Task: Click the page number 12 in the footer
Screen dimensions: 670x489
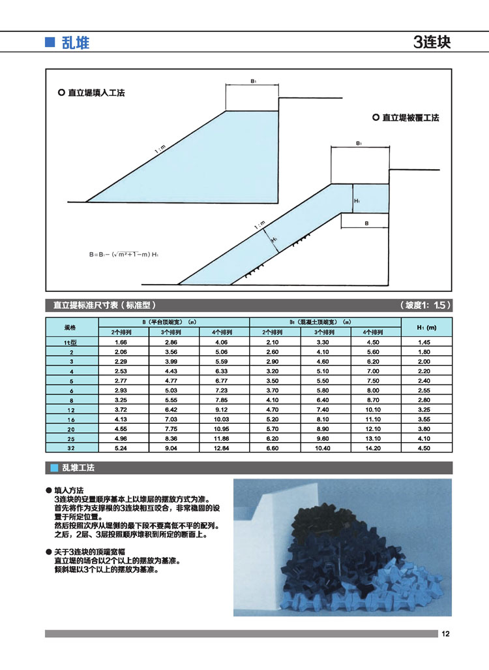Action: tap(446, 633)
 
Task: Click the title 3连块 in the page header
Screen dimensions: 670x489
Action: tap(432, 43)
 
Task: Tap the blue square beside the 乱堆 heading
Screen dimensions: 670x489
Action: tap(48, 43)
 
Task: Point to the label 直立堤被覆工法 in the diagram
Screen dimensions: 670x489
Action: tap(410, 118)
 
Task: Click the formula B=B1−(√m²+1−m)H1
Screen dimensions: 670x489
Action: tap(123, 253)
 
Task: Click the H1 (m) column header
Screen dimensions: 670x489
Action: tap(426, 327)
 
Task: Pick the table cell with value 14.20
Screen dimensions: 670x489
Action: tap(374, 448)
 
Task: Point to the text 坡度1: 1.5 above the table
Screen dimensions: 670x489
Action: tap(424, 306)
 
